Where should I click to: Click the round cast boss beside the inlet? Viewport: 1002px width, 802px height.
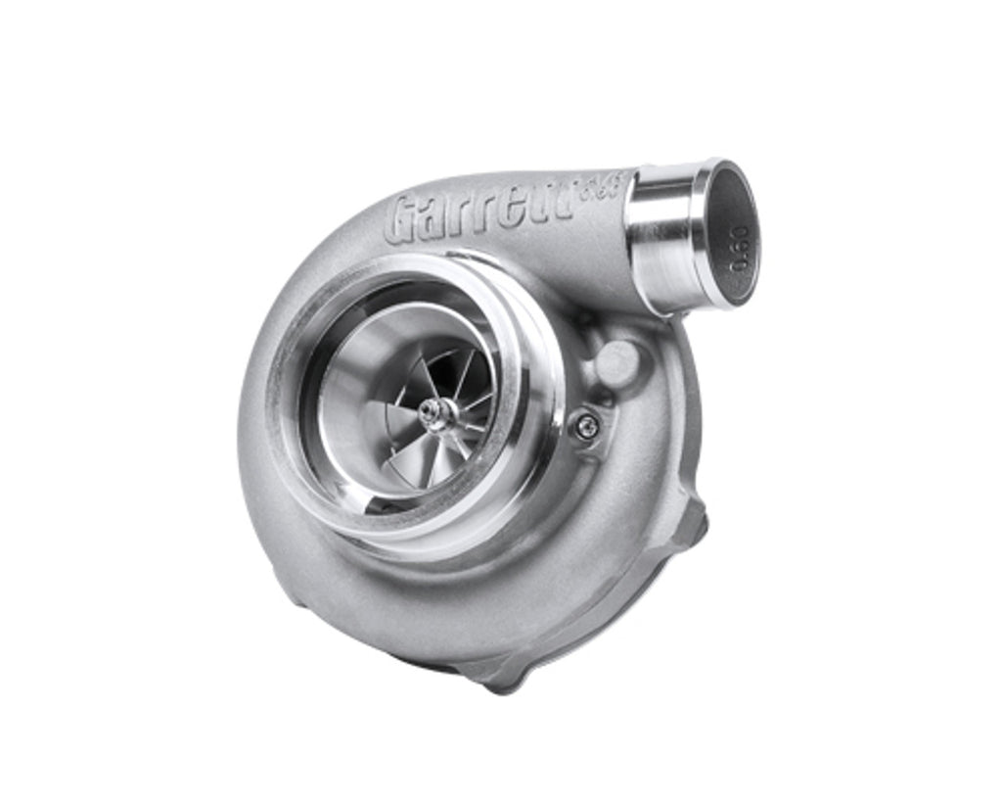click(x=616, y=360)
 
